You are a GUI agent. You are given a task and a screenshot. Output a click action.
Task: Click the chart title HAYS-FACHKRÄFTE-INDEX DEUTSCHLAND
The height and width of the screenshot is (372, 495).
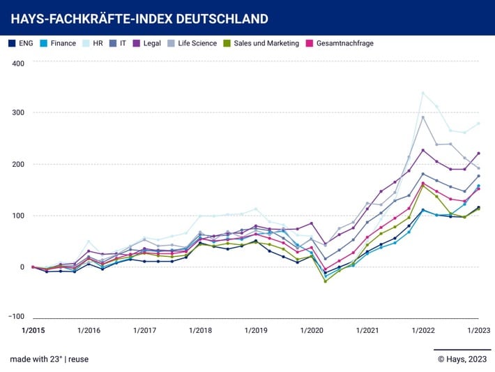point(139,18)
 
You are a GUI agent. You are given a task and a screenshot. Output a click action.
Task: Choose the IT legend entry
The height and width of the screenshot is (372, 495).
point(123,43)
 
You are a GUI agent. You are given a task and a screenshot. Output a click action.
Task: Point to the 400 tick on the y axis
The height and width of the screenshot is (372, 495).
point(17,64)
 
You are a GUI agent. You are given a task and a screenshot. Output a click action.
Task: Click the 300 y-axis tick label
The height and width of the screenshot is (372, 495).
point(17,113)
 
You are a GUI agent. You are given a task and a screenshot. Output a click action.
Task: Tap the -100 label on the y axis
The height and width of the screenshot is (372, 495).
point(15,316)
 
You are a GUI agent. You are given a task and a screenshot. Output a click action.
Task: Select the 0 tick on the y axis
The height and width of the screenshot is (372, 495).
point(22,267)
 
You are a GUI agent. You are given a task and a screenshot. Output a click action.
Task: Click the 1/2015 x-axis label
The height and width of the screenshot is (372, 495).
point(33,330)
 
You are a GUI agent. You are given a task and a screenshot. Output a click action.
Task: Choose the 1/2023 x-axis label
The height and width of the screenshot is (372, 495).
point(479,330)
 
